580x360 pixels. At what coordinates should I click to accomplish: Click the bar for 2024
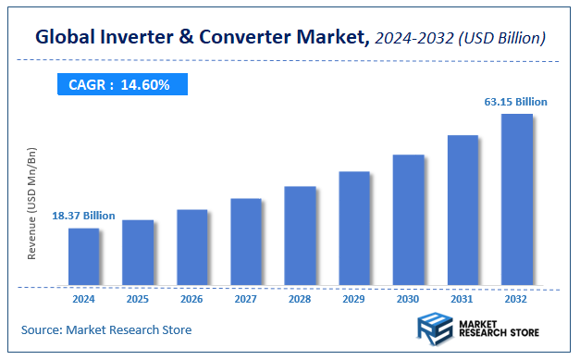84,256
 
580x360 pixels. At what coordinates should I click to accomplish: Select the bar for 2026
192,247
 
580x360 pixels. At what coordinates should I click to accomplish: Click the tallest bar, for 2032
516,199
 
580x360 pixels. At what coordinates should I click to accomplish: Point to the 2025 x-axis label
138,300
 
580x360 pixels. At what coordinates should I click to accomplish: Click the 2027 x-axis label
246,300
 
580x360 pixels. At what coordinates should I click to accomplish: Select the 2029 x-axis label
354,300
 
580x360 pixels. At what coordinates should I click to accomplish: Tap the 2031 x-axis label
463,300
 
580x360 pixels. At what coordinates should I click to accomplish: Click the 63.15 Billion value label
516,102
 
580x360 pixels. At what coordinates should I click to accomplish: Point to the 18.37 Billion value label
84,216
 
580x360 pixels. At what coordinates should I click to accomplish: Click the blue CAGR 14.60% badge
119,85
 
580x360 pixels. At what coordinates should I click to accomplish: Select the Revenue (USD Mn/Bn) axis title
32,203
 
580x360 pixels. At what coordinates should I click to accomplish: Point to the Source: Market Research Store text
106,329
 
